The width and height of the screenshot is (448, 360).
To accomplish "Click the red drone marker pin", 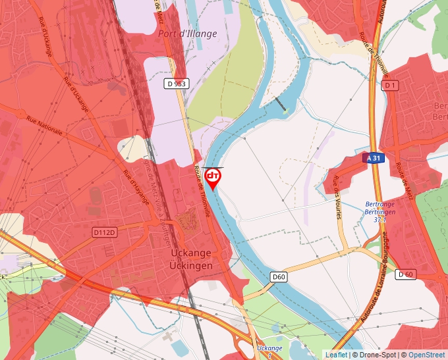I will (x=213, y=178).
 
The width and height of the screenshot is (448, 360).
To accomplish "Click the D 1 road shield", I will (x=391, y=86).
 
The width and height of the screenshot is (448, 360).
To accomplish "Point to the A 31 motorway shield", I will (x=373, y=159).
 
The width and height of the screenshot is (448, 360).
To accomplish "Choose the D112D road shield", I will (x=104, y=232).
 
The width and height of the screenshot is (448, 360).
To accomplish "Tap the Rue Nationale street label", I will (x=45, y=125).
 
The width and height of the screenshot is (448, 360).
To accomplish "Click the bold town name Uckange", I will (x=190, y=253).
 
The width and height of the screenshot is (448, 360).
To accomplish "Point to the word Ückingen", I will (x=190, y=266).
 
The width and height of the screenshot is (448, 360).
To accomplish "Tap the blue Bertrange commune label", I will (x=380, y=204).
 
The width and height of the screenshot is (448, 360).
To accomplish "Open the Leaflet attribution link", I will (x=336, y=355).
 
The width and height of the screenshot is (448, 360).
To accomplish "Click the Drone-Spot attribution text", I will (x=375, y=355).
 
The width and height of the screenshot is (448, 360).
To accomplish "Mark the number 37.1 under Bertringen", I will (x=379, y=220).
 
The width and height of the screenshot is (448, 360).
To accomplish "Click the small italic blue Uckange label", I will (x=269, y=347).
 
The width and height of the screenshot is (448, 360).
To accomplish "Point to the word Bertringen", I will (x=380, y=212).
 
